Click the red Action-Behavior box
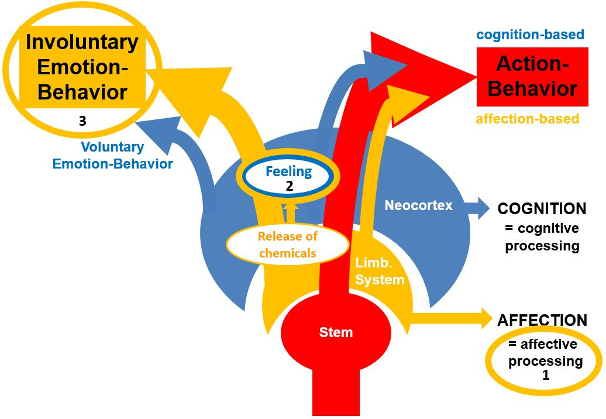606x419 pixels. pyautogui.click(x=532, y=76)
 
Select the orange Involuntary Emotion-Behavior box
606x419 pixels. pyautogui.click(x=82, y=67)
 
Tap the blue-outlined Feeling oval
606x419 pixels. pyautogui.click(x=289, y=178)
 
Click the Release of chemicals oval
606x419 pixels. pyautogui.click(x=288, y=245)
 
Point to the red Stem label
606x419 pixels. pyautogui.click(x=336, y=332)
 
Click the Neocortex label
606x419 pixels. pyautogui.click(x=418, y=205)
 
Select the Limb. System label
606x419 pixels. pyautogui.click(x=380, y=272)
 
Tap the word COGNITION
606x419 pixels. pyautogui.click(x=542, y=209)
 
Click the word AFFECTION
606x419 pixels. pyautogui.click(x=542, y=321)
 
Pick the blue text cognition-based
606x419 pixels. pyautogui.click(x=530, y=35)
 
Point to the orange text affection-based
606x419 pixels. pyautogui.click(x=527, y=119)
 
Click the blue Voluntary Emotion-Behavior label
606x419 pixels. pyautogui.click(x=112, y=156)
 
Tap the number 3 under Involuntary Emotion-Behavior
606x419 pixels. pyautogui.click(x=82, y=121)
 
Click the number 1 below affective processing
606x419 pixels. pyautogui.click(x=546, y=375)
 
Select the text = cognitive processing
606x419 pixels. pyautogui.click(x=542, y=236)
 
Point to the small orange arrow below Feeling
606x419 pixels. pyautogui.click(x=288, y=212)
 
